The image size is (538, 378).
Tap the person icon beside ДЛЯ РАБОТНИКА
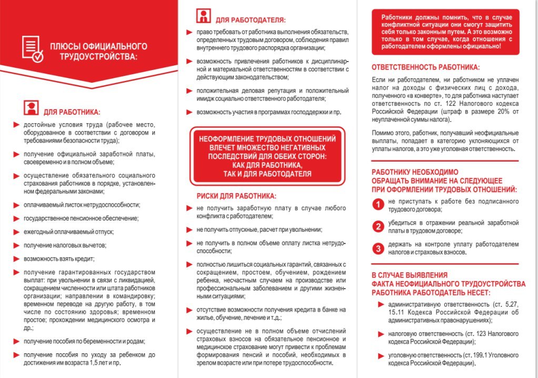[32, 108]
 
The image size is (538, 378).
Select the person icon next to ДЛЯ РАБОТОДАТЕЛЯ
[204, 16]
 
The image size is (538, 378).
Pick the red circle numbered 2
[377, 226]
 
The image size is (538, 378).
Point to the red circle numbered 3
[377, 248]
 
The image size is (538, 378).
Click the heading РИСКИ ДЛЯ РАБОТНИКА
[236, 196]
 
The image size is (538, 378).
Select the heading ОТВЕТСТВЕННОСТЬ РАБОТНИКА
[425, 67]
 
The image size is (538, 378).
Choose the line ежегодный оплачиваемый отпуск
[68, 232]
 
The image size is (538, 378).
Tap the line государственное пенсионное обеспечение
[81, 218]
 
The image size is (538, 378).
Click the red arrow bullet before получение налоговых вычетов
[16, 245]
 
